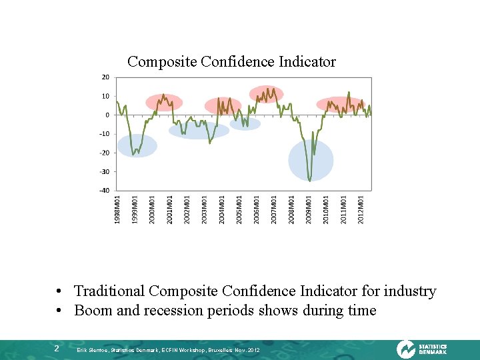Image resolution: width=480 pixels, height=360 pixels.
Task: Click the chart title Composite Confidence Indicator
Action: point(231,62)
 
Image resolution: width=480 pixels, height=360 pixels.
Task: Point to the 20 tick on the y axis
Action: point(105,77)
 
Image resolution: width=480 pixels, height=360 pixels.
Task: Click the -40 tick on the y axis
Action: point(104,191)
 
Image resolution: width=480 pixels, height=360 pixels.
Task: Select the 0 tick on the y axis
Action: point(107,115)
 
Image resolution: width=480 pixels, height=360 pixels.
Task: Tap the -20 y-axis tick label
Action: point(104,153)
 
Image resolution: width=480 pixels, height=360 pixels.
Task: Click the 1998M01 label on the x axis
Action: point(118,209)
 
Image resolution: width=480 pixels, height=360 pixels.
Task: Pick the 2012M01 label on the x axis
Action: point(361,209)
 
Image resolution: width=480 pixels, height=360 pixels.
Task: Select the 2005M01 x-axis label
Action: point(239,209)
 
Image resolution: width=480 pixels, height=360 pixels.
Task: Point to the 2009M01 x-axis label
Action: point(309,209)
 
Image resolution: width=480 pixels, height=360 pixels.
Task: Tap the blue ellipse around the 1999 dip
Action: point(137,145)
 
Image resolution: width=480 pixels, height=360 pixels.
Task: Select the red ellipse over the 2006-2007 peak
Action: point(266,94)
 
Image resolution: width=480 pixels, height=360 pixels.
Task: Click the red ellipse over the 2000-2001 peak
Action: point(164,102)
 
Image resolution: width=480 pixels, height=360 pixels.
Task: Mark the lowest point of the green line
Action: point(310,180)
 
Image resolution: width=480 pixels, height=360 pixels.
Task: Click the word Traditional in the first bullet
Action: point(109,291)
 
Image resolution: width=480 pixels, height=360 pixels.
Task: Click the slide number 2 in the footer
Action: point(57,349)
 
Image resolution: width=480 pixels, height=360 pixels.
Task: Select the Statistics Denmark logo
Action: point(421,349)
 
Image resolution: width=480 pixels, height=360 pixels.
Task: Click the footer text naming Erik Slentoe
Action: point(168,350)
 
